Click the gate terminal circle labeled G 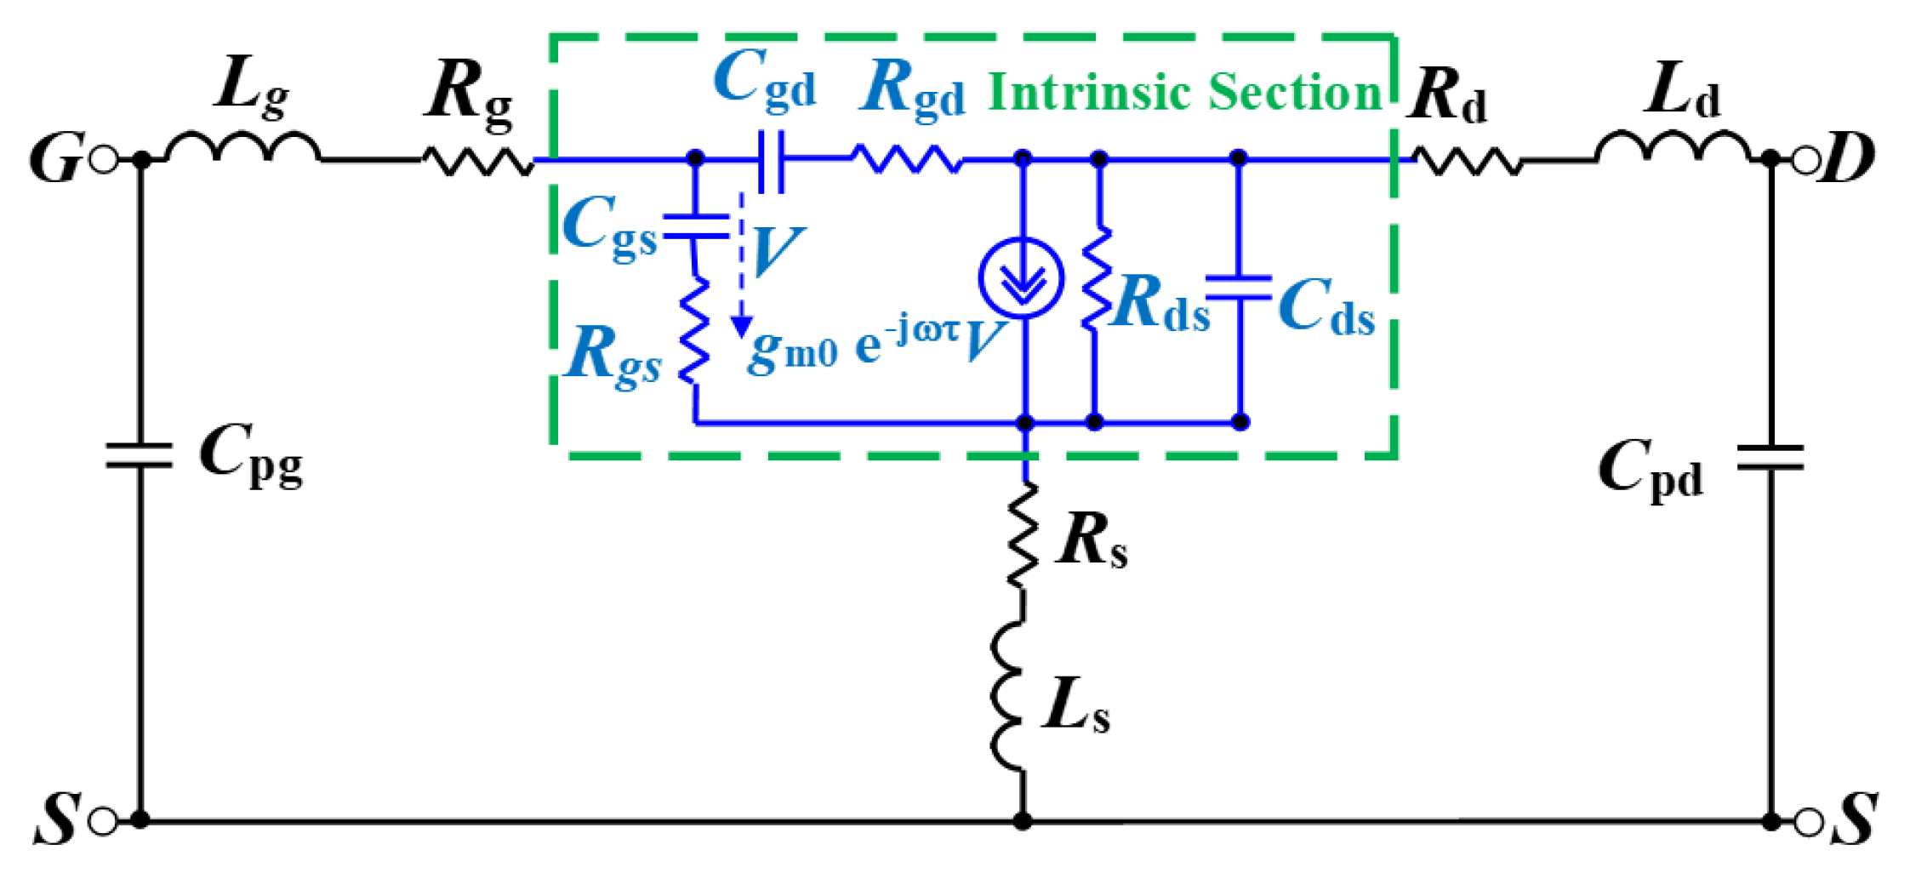(104, 160)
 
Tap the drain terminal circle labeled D (1805, 160)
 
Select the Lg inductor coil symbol (242, 148)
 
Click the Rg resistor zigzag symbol (477, 160)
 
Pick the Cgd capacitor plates (771, 160)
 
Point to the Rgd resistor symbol (906, 159)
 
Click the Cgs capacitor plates (696, 227)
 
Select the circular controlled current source (1021, 279)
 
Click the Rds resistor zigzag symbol (1096, 277)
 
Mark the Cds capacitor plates (1239, 288)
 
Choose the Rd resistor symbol (1465, 161)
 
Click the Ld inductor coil (1672, 148)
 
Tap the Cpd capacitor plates (1770, 458)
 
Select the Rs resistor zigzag (1023, 534)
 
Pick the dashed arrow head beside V (742, 326)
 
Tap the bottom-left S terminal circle (104, 821)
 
